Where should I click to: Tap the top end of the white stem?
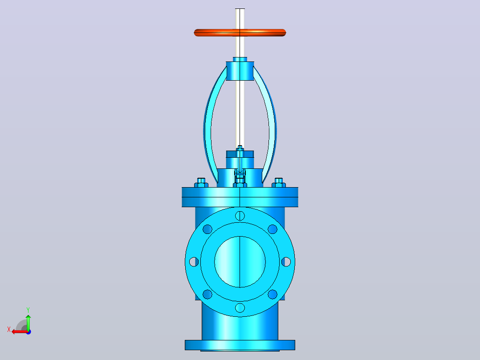tap(240, 9)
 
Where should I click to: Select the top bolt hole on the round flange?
tap(240, 216)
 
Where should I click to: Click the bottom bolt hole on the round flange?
tap(240, 307)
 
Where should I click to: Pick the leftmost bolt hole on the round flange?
tap(194, 262)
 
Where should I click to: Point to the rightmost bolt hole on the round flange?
tap(286, 262)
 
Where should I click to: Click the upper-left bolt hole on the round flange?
tap(207, 229)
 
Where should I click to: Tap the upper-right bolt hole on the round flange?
tap(273, 229)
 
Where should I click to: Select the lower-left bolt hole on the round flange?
tap(207, 294)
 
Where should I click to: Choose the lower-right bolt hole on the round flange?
tap(273, 294)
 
